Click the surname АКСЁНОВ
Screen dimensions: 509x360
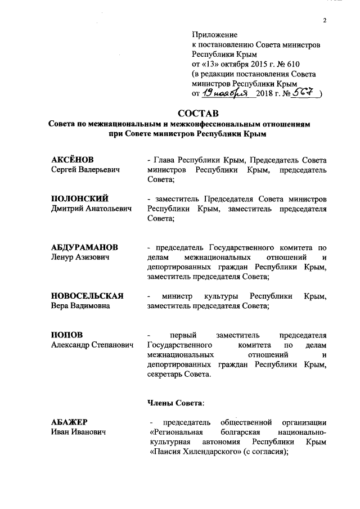[73, 160]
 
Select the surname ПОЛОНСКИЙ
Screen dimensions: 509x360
[79, 199]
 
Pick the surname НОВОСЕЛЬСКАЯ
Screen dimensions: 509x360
[87, 296]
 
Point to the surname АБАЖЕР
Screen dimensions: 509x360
[69, 422]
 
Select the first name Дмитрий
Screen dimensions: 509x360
[67, 209]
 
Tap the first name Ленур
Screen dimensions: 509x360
[63, 257]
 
